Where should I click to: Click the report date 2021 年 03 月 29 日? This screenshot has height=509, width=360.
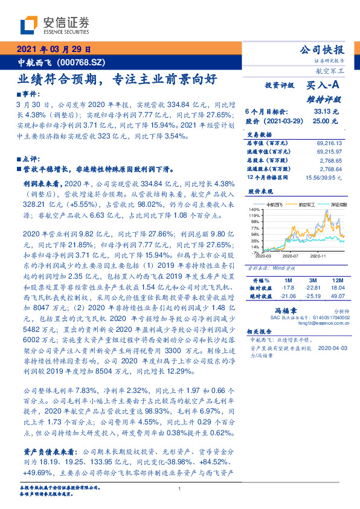pos(53,50)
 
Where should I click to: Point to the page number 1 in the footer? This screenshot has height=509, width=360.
pos(180,489)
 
